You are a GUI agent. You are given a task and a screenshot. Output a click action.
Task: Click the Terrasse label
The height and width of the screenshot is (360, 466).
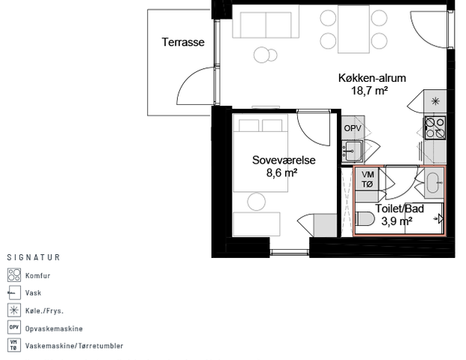[183, 43]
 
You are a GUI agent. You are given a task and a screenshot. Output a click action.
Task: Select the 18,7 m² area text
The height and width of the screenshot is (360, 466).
[369, 91]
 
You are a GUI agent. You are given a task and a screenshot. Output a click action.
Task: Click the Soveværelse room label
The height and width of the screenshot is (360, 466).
[282, 160]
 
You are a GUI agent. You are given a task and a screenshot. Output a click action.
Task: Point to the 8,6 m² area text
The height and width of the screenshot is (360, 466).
[282, 172]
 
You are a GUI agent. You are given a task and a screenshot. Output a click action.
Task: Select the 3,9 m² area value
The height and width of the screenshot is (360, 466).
[396, 221]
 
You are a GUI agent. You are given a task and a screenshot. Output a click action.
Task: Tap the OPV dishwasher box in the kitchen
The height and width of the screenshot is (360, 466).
[353, 129]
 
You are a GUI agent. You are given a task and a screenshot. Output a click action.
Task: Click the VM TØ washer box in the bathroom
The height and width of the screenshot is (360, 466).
[368, 179]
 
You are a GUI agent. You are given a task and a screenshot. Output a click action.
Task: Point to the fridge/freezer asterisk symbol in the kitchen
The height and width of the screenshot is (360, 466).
[436, 100]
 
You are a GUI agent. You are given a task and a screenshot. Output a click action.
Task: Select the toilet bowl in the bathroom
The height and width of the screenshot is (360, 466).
[366, 219]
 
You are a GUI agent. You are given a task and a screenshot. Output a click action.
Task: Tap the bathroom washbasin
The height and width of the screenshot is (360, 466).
[434, 180]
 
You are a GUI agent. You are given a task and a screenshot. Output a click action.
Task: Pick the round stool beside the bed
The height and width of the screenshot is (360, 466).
[257, 200]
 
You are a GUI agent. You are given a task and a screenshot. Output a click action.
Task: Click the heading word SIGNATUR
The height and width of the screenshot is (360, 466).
[33, 257]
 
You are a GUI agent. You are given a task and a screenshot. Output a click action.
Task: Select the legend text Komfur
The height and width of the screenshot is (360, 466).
[38, 276]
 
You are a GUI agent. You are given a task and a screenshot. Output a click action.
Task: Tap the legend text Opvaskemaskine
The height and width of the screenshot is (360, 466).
[54, 328]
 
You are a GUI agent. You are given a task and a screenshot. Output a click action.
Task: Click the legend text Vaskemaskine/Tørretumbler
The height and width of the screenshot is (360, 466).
[74, 346]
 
